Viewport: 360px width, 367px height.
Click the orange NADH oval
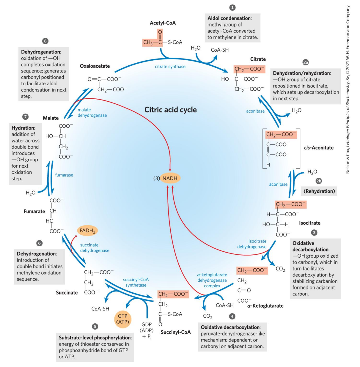pos(170,178)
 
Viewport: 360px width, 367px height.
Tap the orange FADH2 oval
pos(87,231)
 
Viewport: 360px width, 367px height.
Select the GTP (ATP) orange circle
pos(122,319)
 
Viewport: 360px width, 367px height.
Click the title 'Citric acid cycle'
pos(170,110)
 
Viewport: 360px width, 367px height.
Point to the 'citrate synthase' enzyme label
pos(170,67)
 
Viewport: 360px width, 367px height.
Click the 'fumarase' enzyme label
pos(64,175)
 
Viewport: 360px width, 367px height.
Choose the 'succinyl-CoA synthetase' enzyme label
pos(136,282)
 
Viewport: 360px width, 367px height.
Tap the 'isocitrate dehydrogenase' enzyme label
pos(252,244)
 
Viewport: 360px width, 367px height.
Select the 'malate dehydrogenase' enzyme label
pos(92,113)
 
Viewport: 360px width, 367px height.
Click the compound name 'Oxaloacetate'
pos(95,66)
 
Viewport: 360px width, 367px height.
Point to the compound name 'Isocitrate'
pos(309,223)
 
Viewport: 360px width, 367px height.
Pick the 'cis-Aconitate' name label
pos(319,148)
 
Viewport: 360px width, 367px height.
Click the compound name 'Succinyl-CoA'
pos(176,332)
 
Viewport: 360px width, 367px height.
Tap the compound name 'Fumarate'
pos(34,211)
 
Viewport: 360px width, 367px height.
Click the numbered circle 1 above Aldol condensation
pos(232,7)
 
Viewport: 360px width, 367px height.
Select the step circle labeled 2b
pos(319,181)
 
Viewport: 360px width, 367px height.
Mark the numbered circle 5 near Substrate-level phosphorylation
pos(95,326)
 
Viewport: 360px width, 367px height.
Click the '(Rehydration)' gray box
pos(319,191)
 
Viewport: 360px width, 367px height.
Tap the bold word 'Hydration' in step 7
pos(23,128)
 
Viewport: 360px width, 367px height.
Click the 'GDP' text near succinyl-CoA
pos(147,325)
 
